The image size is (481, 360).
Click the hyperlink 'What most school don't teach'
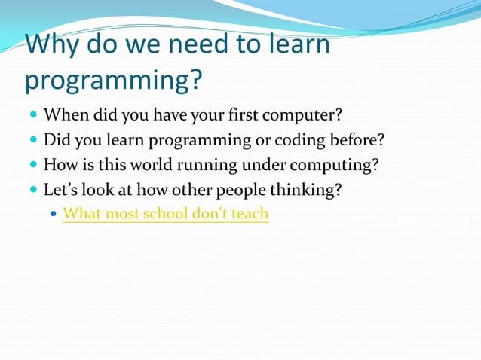click(165, 214)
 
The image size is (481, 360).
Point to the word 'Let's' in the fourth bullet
click(62, 190)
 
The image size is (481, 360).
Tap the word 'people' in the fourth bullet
click(242, 190)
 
